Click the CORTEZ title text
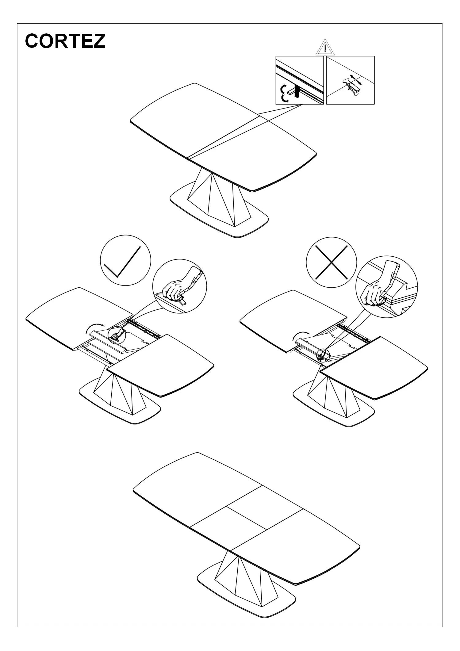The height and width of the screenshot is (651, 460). click(x=65, y=41)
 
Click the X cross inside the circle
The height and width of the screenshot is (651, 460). click(x=332, y=262)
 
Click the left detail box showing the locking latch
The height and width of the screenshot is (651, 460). click(x=300, y=80)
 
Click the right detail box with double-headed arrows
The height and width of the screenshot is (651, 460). click(x=351, y=80)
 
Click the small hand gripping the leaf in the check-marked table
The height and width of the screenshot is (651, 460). click(x=117, y=335)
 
